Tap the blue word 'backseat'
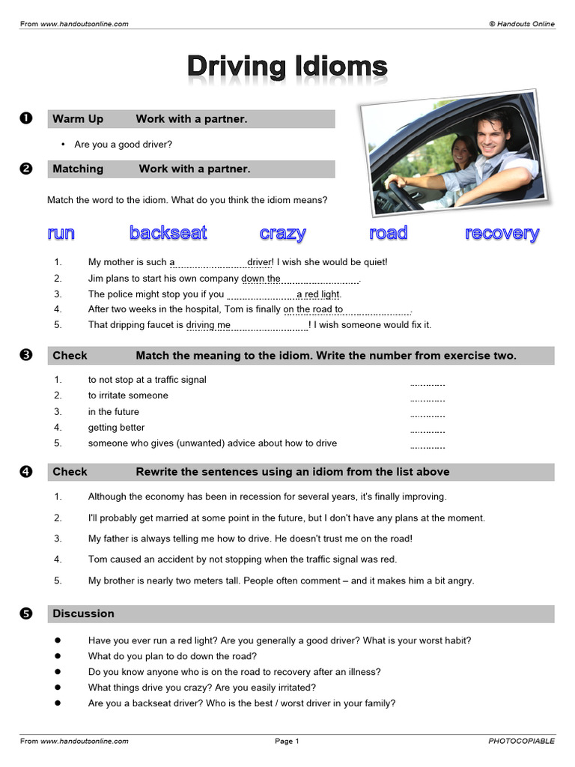pos(168,233)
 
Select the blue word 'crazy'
pos(282,233)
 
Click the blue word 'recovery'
pos(502,233)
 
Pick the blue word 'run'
pos(61,233)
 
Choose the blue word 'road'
pos(388,233)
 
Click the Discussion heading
pos(83,613)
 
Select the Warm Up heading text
pos(78,119)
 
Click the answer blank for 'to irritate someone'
pos(428,398)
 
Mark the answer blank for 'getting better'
pos(428,431)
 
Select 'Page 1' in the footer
pos(287,742)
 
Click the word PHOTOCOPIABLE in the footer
pos(521,742)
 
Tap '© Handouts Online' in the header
pos(522,24)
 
